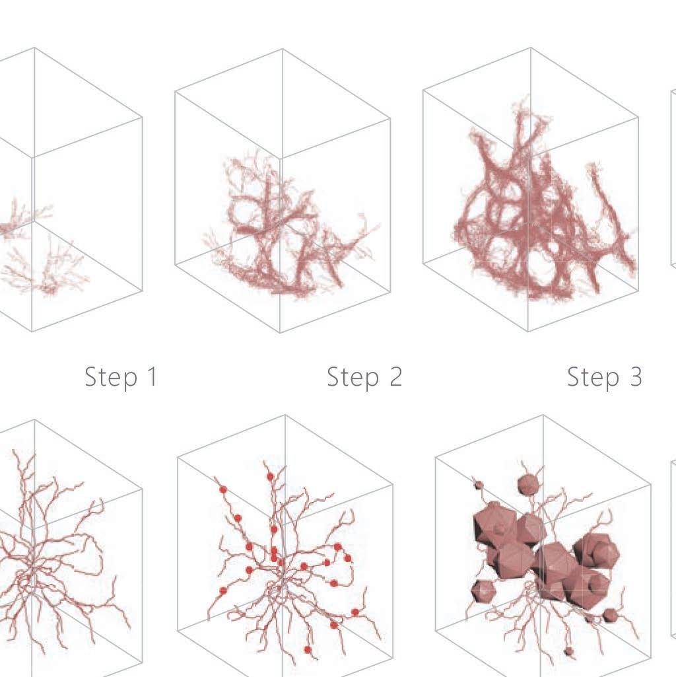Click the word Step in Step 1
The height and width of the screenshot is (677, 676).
click(110, 377)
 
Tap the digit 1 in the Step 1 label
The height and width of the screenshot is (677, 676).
click(152, 376)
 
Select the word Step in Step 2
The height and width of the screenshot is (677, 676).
click(353, 377)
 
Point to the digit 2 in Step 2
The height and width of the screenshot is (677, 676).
click(396, 376)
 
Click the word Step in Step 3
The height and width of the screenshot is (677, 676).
click(593, 377)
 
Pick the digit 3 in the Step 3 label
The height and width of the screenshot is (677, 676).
click(636, 376)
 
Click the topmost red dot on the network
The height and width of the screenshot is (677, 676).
click(270, 477)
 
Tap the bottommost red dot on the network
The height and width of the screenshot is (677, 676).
click(308, 649)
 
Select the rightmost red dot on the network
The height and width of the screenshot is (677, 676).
click(355, 612)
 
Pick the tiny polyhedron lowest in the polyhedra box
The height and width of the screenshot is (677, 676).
click(569, 651)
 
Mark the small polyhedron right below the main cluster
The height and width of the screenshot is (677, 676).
click(609, 616)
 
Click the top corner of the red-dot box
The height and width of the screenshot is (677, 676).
click(285, 415)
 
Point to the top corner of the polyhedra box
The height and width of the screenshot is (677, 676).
click(543, 415)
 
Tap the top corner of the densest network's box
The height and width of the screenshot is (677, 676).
click(531, 48)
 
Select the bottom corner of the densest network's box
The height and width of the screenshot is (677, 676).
click(528, 331)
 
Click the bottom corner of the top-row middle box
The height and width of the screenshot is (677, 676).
click(280, 332)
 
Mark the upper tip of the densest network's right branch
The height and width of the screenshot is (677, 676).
click(592, 165)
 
